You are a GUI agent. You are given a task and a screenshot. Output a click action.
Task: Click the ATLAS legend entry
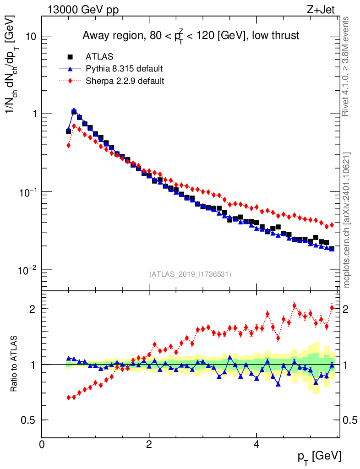coord(99,57)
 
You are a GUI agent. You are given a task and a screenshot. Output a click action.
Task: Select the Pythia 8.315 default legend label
coord(124,69)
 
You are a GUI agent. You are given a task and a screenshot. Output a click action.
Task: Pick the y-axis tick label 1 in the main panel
coord(32,114)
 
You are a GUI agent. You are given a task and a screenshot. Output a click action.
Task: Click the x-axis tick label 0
coord(42,444)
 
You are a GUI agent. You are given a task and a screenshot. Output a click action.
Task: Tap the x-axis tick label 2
coord(149,444)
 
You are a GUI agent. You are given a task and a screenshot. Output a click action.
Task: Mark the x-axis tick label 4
coord(256,444)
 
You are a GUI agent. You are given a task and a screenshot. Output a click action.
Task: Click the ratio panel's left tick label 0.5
coord(30,420)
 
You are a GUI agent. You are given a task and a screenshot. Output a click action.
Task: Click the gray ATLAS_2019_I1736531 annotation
coord(190,274)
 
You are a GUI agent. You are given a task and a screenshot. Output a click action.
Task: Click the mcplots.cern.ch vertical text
coord(347,220)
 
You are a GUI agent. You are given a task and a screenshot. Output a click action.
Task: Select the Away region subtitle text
coord(191,36)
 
